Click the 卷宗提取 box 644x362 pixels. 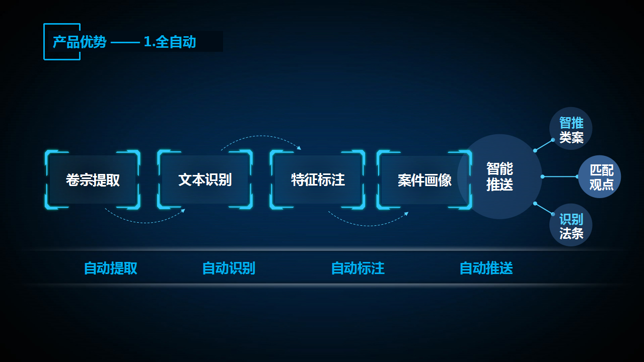(x=93, y=179)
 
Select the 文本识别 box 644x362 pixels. (x=205, y=179)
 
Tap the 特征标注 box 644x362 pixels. (x=318, y=179)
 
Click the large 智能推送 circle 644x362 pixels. (x=499, y=176)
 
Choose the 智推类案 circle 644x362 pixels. (x=571, y=129)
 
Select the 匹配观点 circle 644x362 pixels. (x=600, y=176)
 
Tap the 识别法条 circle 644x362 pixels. (x=571, y=225)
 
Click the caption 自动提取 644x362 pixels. (x=110, y=268)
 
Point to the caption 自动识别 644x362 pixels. (x=229, y=268)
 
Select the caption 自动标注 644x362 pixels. (x=357, y=268)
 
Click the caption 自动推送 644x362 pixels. (x=486, y=268)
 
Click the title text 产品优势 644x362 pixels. (x=80, y=42)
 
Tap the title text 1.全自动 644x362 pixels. (x=170, y=42)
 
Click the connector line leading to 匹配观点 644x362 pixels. (x=560, y=176)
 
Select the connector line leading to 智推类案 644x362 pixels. (x=544, y=145)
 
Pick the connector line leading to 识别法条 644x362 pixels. (x=544, y=209)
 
